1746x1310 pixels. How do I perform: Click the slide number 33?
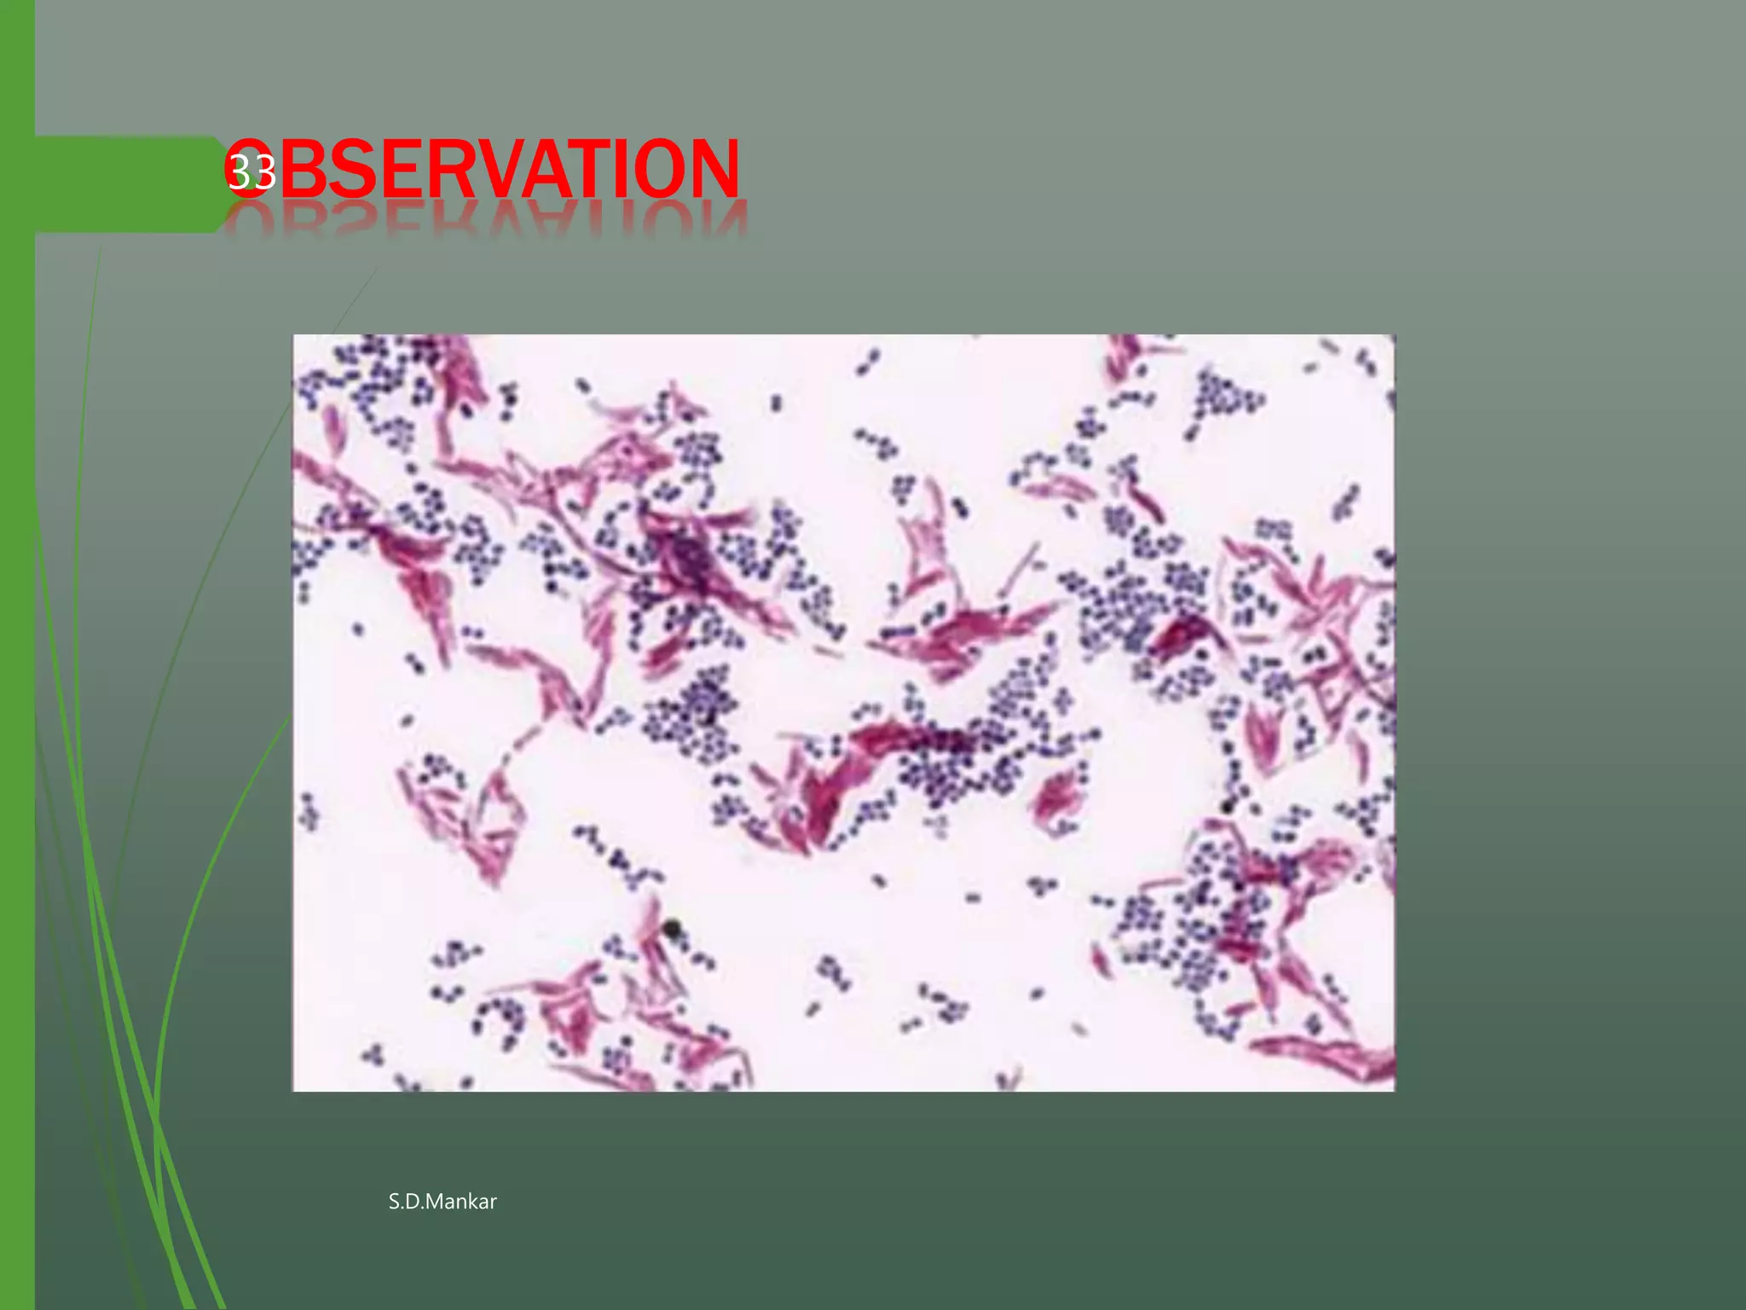point(251,172)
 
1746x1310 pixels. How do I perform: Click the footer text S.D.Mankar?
point(442,1202)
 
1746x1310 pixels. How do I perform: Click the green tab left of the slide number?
point(128,184)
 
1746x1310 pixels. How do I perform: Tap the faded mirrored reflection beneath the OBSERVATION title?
point(486,220)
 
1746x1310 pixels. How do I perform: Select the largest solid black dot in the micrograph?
point(673,928)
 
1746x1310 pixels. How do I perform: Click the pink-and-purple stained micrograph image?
point(843,713)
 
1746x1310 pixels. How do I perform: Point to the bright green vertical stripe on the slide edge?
point(17,655)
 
